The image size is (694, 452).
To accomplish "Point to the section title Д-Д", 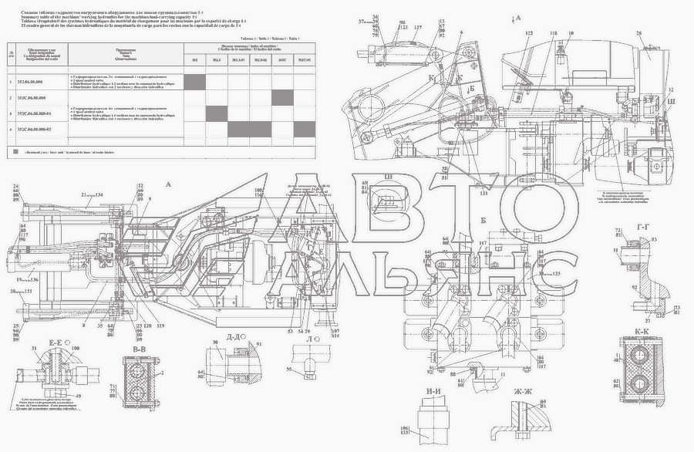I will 235,338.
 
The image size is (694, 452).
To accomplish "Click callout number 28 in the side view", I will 638,34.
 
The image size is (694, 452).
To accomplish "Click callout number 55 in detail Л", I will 290,369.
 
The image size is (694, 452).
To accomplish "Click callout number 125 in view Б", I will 555,274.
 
